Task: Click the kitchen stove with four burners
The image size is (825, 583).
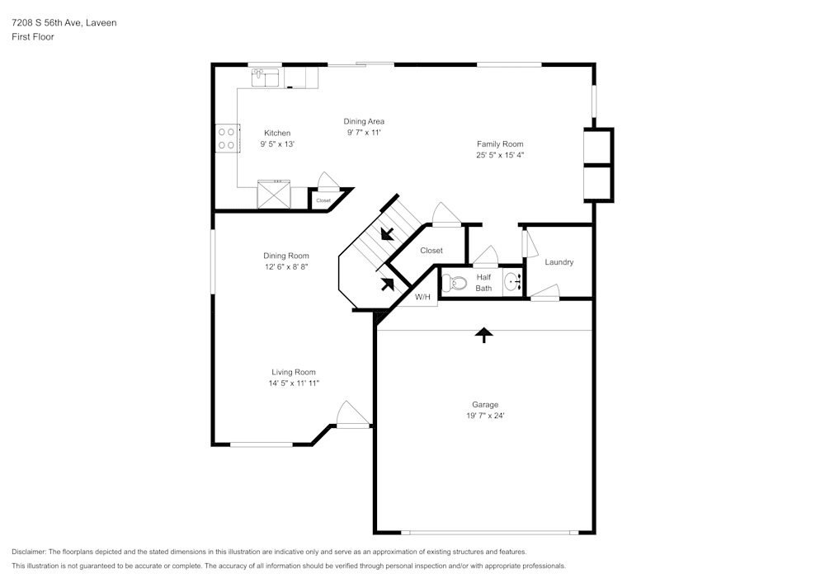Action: click(x=228, y=138)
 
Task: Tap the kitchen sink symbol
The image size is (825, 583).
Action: click(x=266, y=78)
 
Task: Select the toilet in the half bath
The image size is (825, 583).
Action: click(x=455, y=284)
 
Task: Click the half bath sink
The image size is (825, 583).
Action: click(x=512, y=282)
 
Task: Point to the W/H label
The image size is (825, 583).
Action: click(x=422, y=297)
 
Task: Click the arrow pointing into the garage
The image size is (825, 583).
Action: click(x=483, y=334)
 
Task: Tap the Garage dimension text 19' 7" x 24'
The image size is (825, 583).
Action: click(x=484, y=416)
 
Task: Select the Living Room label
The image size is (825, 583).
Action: click(x=293, y=372)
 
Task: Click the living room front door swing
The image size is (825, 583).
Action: click(x=352, y=415)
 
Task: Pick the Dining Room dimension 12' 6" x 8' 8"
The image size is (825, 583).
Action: click(x=285, y=266)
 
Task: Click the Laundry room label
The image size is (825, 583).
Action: click(x=559, y=262)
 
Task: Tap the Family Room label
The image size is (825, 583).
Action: click(x=500, y=144)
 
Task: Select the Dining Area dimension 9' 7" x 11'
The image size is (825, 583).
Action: click(x=364, y=132)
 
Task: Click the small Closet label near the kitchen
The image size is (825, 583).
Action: click(x=323, y=200)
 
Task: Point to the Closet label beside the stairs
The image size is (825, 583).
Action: click(x=431, y=250)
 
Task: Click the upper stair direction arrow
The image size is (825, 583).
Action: click(x=385, y=233)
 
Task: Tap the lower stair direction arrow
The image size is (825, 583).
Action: click(x=386, y=285)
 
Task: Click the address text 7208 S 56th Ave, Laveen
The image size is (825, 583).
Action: click(x=64, y=23)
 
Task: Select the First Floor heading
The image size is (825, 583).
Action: click(x=33, y=37)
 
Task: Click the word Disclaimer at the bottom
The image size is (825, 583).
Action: click(x=29, y=552)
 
